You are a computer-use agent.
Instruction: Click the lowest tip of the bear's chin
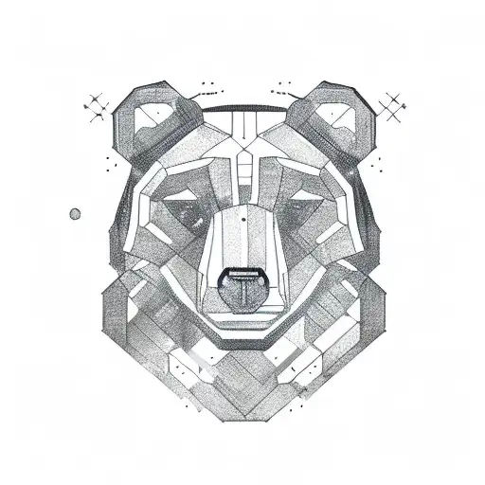pyautogui.click(x=242, y=418)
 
